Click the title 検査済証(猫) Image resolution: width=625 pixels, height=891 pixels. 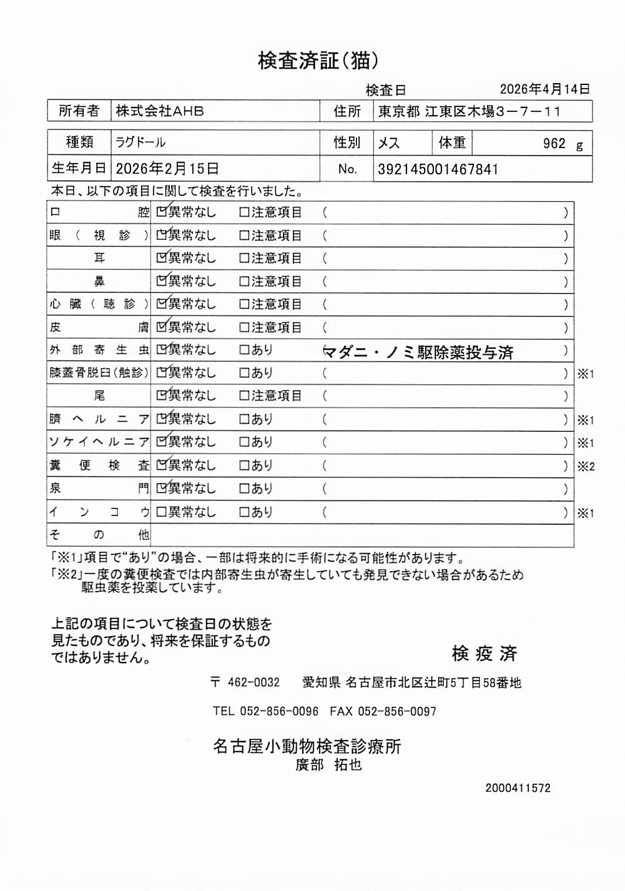coord(318,61)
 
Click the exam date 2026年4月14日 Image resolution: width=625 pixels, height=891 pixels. coord(544,89)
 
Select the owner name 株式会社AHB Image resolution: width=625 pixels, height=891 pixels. coord(160,111)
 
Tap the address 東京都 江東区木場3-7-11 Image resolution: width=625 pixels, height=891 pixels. coord(469,112)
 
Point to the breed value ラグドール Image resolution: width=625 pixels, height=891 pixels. coord(140,142)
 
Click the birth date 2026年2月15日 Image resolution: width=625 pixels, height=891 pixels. coord(167,169)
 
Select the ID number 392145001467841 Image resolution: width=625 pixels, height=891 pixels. coord(438,169)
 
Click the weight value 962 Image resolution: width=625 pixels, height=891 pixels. coord(554,144)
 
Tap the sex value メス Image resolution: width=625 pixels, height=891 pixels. coord(388,143)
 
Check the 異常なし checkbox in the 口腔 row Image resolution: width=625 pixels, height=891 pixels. coord(162,212)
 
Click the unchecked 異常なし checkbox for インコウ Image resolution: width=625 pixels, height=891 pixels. coord(162,512)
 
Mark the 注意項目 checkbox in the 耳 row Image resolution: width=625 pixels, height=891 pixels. coord(245,258)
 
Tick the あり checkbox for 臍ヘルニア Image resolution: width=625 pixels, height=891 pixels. coord(245,419)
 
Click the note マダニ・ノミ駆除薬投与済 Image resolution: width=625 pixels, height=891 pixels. coord(418,352)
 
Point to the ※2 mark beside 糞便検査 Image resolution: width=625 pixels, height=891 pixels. coord(586,466)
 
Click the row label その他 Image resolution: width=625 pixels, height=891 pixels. coord(99,535)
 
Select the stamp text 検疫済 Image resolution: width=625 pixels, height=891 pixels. coord(485,654)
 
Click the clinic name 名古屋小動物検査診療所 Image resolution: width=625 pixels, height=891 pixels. coord(307,746)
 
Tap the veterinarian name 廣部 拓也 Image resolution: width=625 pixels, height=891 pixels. coord(328,765)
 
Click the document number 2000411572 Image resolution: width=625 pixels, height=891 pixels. coord(518,788)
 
